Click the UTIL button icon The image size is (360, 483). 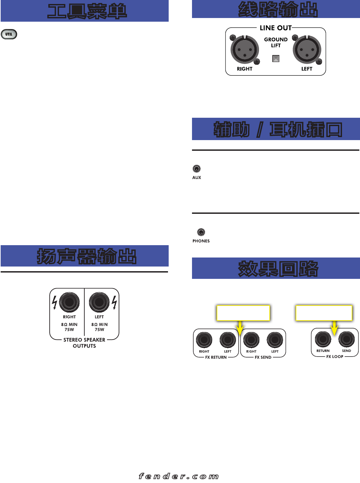(9, 34)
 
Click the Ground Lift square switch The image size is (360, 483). (276, 59)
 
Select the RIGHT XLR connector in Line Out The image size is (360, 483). (245, 50)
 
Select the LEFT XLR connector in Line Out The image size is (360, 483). (307, 50)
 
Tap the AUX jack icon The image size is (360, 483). (197, 169)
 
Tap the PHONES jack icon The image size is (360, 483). (201, 232)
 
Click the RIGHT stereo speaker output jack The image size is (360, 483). (69, 302)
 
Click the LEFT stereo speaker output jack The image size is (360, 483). (99, 302)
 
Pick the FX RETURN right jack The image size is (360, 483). (204, 340)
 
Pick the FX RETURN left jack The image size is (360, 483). (228, 340)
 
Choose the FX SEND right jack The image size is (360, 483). (251, 340)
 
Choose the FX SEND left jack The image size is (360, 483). (275, 340)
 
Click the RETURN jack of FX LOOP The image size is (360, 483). (323, 339)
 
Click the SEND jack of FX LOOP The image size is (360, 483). (347, 339)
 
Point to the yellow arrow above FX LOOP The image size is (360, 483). (335, 328)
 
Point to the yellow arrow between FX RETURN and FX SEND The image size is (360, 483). (240, 329)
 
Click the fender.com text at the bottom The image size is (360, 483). (179, 476)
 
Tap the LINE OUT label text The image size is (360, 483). (276, 28)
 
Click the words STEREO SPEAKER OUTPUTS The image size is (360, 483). (84, 343)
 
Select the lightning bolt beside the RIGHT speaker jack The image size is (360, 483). (55, 302)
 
